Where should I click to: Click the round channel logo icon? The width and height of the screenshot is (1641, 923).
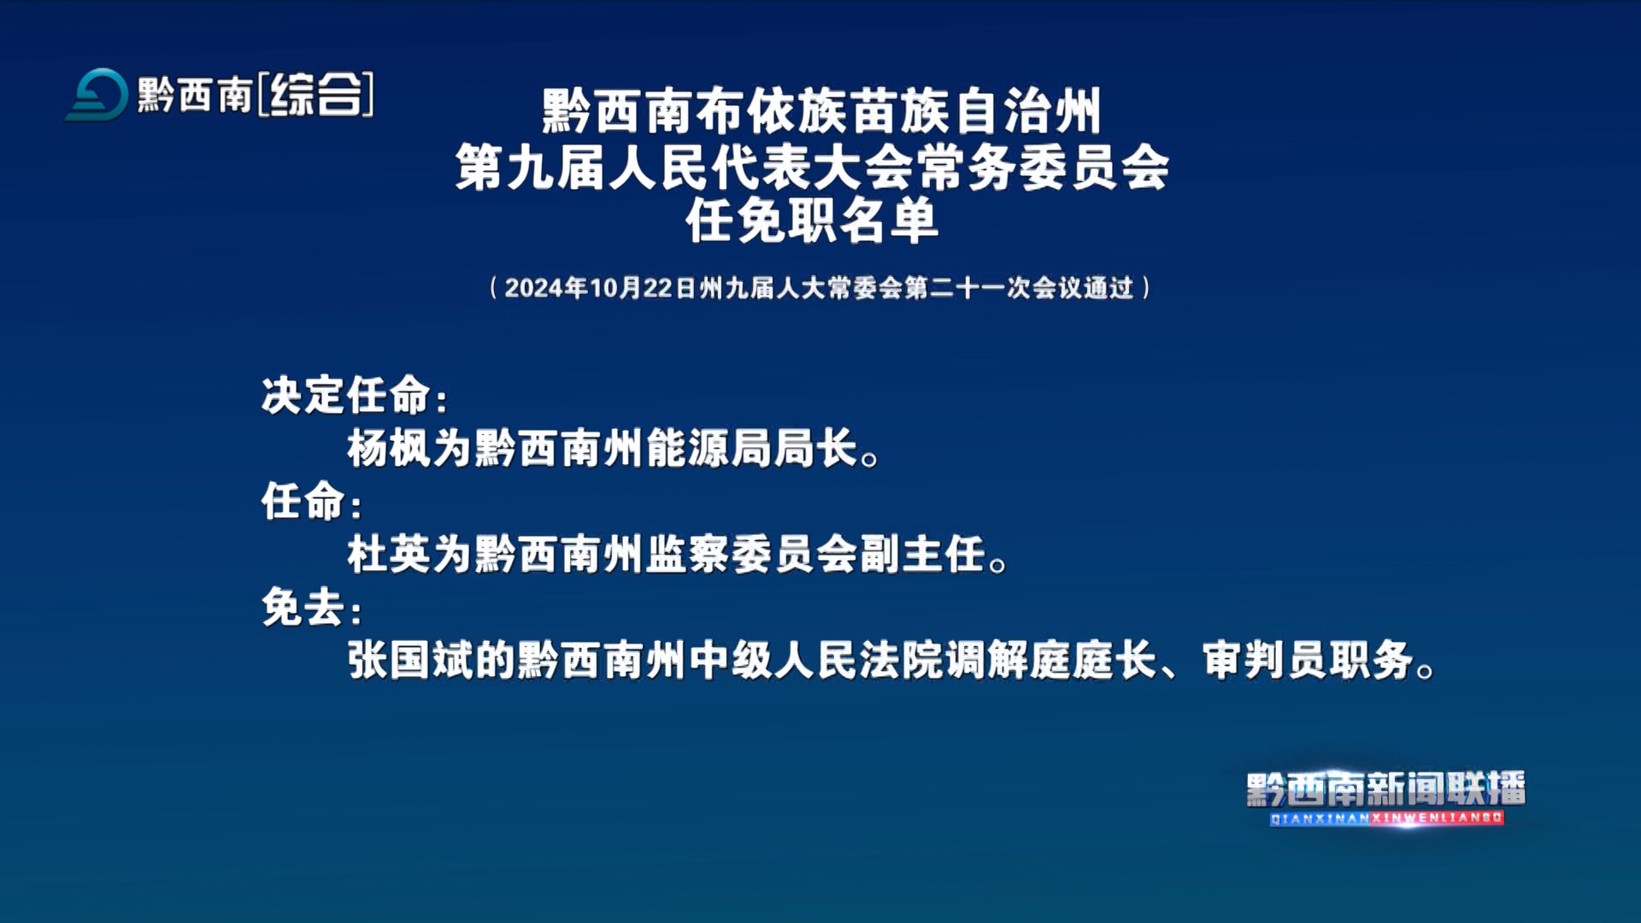97,94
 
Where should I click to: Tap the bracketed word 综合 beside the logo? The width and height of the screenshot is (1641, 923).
315,94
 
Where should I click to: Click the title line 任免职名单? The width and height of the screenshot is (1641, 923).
812,220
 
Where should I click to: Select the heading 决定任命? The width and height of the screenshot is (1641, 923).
346,395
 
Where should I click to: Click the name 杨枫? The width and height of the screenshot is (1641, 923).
389,448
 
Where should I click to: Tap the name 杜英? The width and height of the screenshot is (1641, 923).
389,554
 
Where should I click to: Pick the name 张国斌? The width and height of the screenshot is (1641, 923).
410,660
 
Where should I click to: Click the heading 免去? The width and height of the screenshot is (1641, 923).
303,607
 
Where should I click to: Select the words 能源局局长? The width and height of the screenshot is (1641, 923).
751,448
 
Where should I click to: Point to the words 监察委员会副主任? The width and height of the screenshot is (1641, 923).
815,554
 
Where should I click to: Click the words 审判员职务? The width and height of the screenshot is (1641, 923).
1308,660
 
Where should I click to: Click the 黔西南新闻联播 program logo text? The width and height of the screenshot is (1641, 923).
1385,789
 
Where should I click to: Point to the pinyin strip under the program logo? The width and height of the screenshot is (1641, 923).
1386,818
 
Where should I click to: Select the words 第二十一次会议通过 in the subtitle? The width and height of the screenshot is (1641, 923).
1019,288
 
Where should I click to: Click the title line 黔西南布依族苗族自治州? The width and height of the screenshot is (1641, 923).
821,111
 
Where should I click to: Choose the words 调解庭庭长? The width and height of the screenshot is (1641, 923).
1050,660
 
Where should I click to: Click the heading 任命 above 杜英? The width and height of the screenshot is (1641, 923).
303,501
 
